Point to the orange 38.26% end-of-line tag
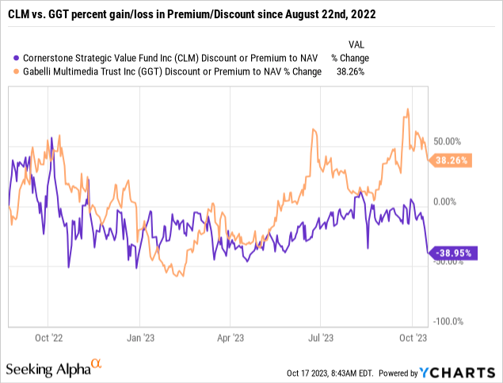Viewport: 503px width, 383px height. (x=451, y=160)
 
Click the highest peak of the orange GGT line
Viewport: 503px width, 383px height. (x=407, y=109)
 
